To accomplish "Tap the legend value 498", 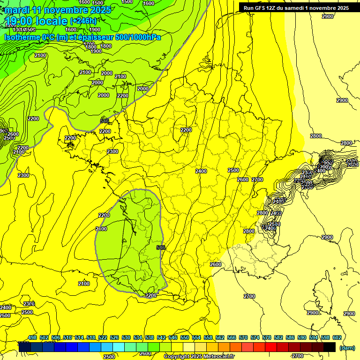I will [x=32, y=337].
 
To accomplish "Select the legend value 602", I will [x=337, y=337].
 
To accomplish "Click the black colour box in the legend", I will [x=329, y=347].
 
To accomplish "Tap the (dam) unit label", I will [x=347, y=347].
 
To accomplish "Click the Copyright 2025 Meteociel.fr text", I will [x=199, y=357].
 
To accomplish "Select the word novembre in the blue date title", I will [x=65, y=9].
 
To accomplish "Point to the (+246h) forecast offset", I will [x=83, y=21].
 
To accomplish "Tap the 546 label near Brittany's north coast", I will [x=105, y=121].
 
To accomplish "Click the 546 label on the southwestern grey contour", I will [x=161, y=247].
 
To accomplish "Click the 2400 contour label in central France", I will [x=201, y=171].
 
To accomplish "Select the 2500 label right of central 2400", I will [x=233, y=170].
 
